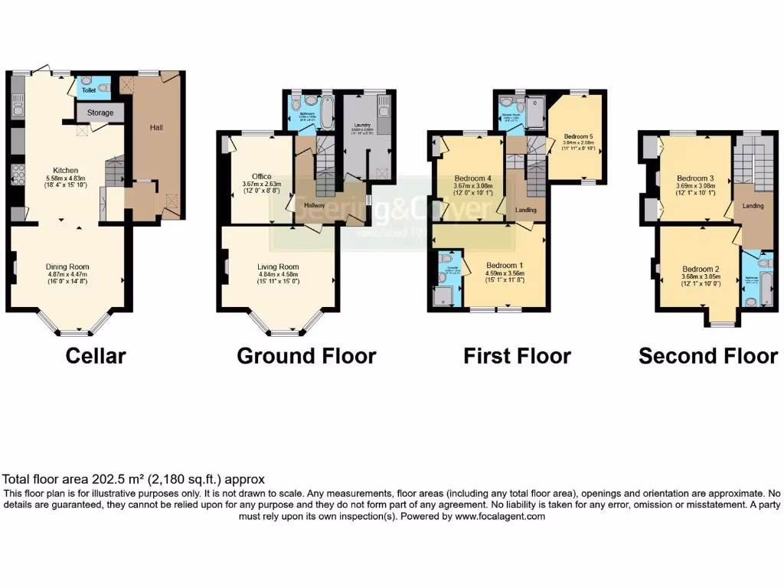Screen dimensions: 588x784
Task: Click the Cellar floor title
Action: coord(96,356)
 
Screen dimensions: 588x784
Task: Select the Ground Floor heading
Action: coord(306,356)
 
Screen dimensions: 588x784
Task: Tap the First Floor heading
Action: coord(517,356)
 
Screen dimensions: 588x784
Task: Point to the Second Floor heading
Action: coord(707,356)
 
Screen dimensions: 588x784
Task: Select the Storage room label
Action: coord(100,113)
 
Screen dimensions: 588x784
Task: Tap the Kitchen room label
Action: coord(66,170)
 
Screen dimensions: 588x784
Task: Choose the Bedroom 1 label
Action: coord(504,266)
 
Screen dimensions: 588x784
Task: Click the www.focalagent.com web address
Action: coord(501,517)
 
